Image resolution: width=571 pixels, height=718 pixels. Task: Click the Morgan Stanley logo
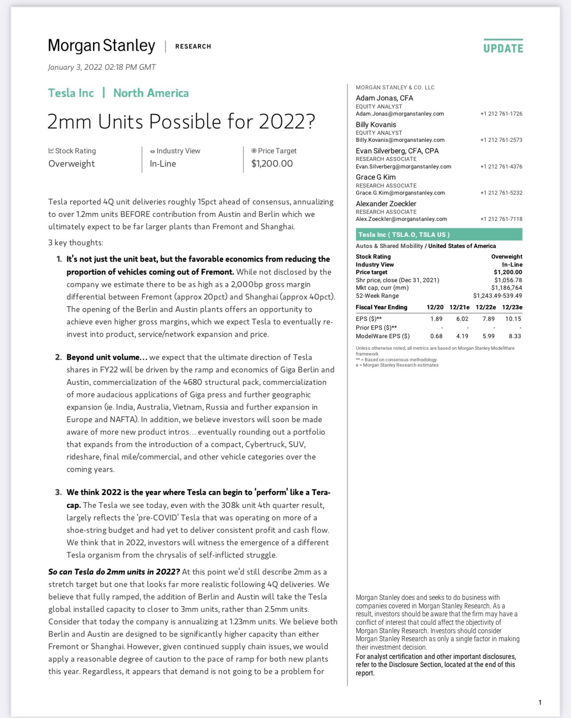pyautogui.click(x=101, y=46)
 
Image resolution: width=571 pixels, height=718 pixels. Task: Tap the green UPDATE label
pyautogui.click(x=503, y=48)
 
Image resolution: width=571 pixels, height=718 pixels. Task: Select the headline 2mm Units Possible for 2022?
pyautogui.click(x=181, y=121)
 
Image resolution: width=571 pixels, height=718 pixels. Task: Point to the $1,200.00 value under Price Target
pyautogui.click(x=272, y=164)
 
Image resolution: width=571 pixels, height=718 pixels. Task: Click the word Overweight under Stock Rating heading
pyautogui.click(x=72, y=164)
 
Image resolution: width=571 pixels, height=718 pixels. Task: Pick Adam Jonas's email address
pyautogui.click(x=400, y=114)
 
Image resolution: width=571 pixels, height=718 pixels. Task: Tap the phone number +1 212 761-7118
pyautogui.click(x=501, y=219)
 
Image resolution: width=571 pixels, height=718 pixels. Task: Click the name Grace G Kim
pyautogui.click(x=376, y=177)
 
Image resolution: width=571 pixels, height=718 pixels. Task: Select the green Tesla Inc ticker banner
pyautogui.click(x=439, y=235)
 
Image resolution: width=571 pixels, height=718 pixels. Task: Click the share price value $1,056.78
pyautogui.click(x=508, y=280)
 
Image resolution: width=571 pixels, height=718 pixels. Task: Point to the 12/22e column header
pyautogui.click(x=486, y=307)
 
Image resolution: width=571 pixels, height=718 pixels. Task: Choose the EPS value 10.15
pyautogui.click(x=513, y=319)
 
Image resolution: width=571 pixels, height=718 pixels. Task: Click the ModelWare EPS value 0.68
pyautogui.click(x=436, y=336)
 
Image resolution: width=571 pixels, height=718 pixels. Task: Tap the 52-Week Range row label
pyautogui.click(x=377, y=295)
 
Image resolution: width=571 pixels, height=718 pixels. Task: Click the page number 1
pyautogui.click(x=540, y=702)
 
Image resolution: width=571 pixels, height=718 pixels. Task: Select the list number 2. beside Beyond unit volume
pyautogui.click(x=58, y=357)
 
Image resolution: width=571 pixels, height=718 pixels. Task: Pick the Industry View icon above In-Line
pyautogui.click(x=153, y=152)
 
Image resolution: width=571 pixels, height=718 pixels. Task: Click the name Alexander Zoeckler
pyautogui.click(x=386, y=203)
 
